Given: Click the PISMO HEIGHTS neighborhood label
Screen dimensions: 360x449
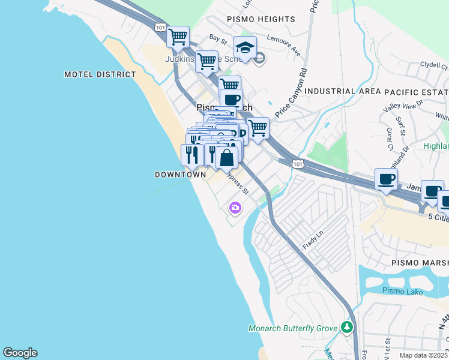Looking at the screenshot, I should pos(261,19).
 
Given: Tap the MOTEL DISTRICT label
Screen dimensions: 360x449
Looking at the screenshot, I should pos(100,74).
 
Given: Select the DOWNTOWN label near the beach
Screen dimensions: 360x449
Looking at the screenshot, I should pos(181,175).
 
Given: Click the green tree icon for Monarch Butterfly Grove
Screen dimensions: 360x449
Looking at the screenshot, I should pos(346,328).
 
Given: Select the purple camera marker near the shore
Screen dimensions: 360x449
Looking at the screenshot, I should pos(235,208).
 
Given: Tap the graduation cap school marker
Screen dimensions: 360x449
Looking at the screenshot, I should pos(245,47).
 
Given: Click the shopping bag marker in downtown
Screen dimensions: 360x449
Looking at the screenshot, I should pos(226,159).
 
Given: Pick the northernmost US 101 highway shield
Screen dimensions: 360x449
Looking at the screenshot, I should pos(160,27).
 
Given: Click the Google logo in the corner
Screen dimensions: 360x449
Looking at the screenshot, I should pos(20,353).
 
